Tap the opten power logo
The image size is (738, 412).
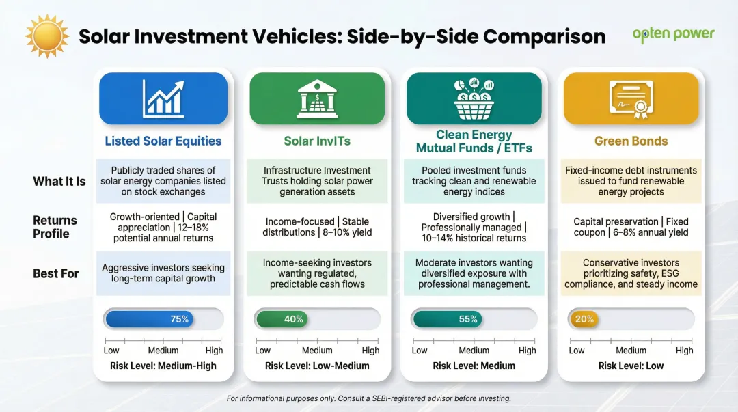(x=673, y=33)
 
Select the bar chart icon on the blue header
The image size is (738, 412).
(x=163, y=98)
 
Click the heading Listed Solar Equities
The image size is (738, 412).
(x=163, y=141)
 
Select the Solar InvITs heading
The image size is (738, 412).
(x=317, y=141)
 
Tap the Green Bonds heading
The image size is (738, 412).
(x=631, y=141)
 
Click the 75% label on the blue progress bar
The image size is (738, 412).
(x=180, y=319)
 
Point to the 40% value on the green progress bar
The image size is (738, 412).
(x=294, y=319)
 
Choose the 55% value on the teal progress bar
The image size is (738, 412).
(x=468, y=319)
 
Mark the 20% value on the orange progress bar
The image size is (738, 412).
(x=584, y=319)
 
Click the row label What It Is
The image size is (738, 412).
(x=59, y=182)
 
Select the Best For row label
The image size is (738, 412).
(x=56, y=273)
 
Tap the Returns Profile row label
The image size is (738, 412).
(x=55, y=227)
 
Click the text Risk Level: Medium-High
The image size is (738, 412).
(x=163, y=366)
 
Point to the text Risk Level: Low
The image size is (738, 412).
(x=631, y=366)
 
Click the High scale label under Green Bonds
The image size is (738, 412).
(x=684, y=351)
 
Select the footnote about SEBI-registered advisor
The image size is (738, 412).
(x=368, y=398)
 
